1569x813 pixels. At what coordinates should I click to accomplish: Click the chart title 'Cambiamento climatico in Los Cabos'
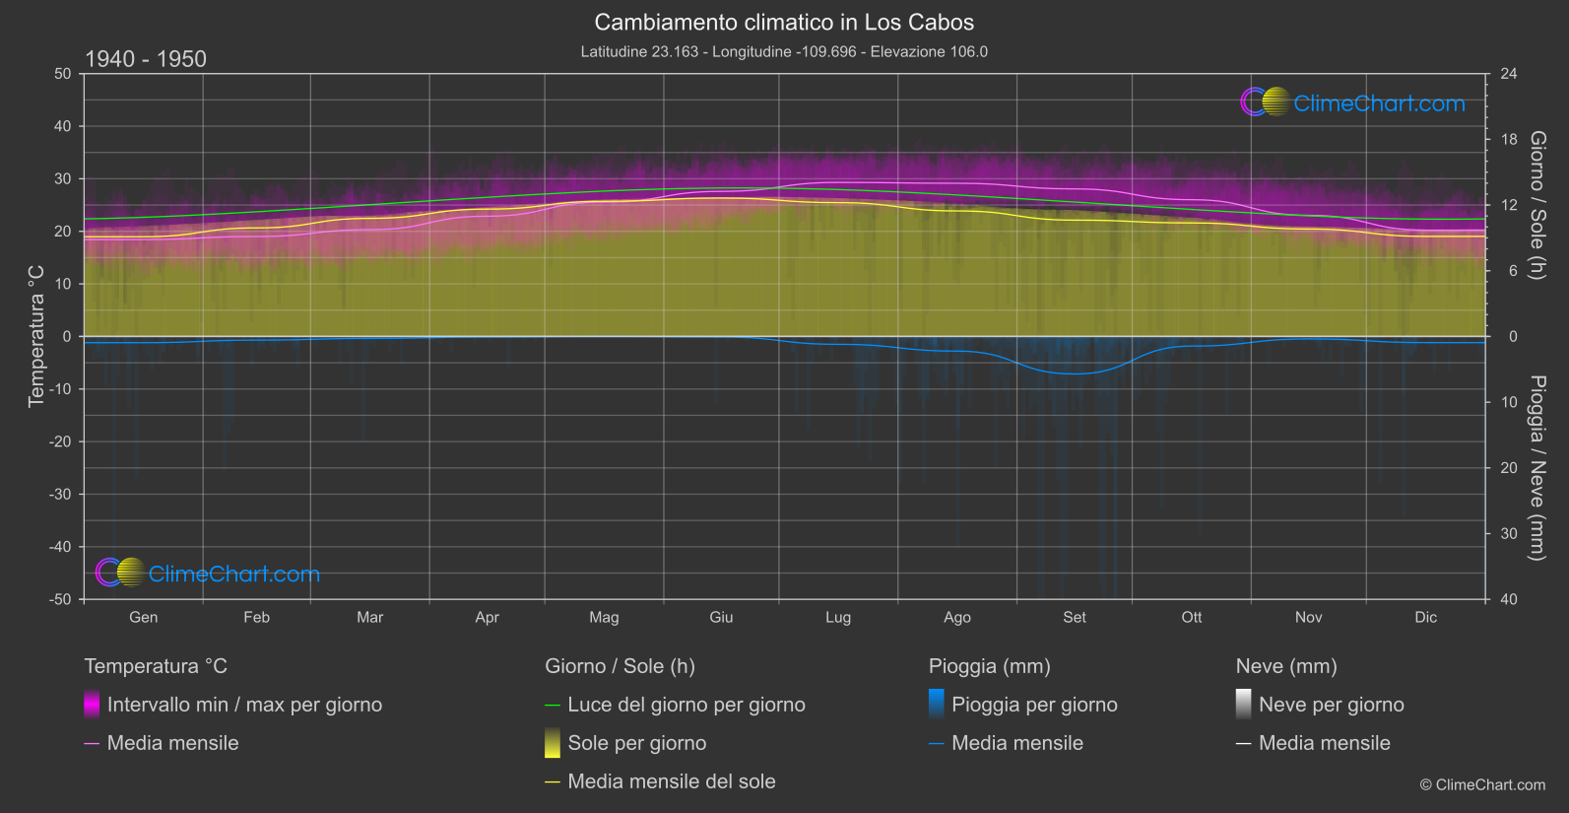784,23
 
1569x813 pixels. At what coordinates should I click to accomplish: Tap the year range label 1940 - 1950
146,59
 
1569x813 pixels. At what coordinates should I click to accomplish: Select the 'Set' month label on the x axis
1075,618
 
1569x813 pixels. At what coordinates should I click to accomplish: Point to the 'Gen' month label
144,618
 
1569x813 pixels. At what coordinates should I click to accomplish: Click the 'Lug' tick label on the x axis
838,618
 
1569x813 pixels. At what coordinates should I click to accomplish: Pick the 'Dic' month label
1425,618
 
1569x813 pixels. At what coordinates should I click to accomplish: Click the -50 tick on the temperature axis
61,599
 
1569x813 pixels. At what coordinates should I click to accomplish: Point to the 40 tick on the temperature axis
63,126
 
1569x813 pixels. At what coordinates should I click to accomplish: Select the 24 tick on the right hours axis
1508,74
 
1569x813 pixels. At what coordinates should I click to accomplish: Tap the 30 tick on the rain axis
1508,534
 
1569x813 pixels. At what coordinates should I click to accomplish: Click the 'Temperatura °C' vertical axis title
36,335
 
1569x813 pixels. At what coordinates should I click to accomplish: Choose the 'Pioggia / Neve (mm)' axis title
1536,468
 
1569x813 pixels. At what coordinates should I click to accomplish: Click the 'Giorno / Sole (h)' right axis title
1536,205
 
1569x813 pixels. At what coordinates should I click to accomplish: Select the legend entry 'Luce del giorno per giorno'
686,705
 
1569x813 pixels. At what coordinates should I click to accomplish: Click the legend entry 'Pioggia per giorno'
1034,705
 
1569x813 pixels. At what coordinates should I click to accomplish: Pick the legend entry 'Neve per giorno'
1331,705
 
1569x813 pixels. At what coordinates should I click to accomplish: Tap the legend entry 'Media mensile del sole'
672,781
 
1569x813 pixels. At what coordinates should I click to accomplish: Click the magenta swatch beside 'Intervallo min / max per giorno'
93,705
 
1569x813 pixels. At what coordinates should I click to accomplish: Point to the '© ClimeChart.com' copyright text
1482,785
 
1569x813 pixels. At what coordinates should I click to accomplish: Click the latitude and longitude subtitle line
784,51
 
